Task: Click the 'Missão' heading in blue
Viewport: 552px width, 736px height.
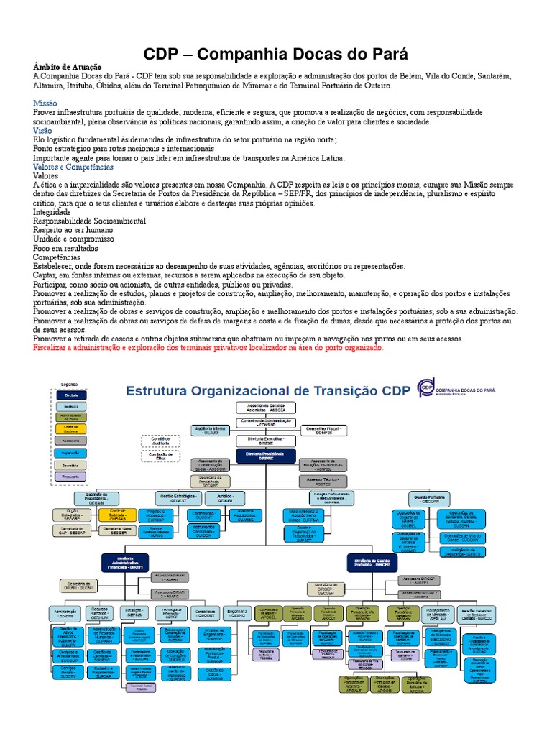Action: coord(45,103)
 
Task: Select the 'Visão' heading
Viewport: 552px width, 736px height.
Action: coord(42,132)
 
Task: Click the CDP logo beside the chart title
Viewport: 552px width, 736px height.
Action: coord(427,388)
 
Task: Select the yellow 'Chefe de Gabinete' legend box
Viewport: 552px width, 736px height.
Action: coord(71,429)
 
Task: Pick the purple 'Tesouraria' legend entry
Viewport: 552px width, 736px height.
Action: coord(71,476)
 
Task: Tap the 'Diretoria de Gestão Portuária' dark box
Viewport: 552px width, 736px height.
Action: coord(372,562)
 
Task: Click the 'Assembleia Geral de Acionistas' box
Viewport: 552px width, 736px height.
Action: coord(266,408)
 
